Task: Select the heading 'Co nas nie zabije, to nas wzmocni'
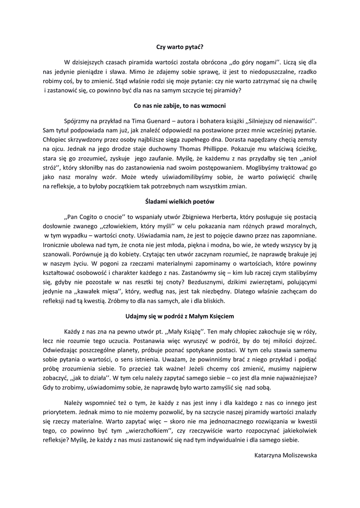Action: click(180, 106)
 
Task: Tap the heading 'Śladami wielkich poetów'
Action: click(180, 202)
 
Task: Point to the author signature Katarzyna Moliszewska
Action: click(285, 454)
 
